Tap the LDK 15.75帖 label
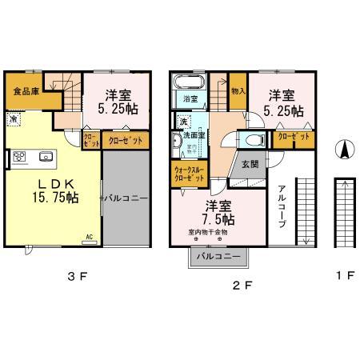(54, 190)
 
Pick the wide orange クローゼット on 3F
(124, 140)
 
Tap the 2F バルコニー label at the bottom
(218, 257)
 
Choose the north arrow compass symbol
(342, 150)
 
